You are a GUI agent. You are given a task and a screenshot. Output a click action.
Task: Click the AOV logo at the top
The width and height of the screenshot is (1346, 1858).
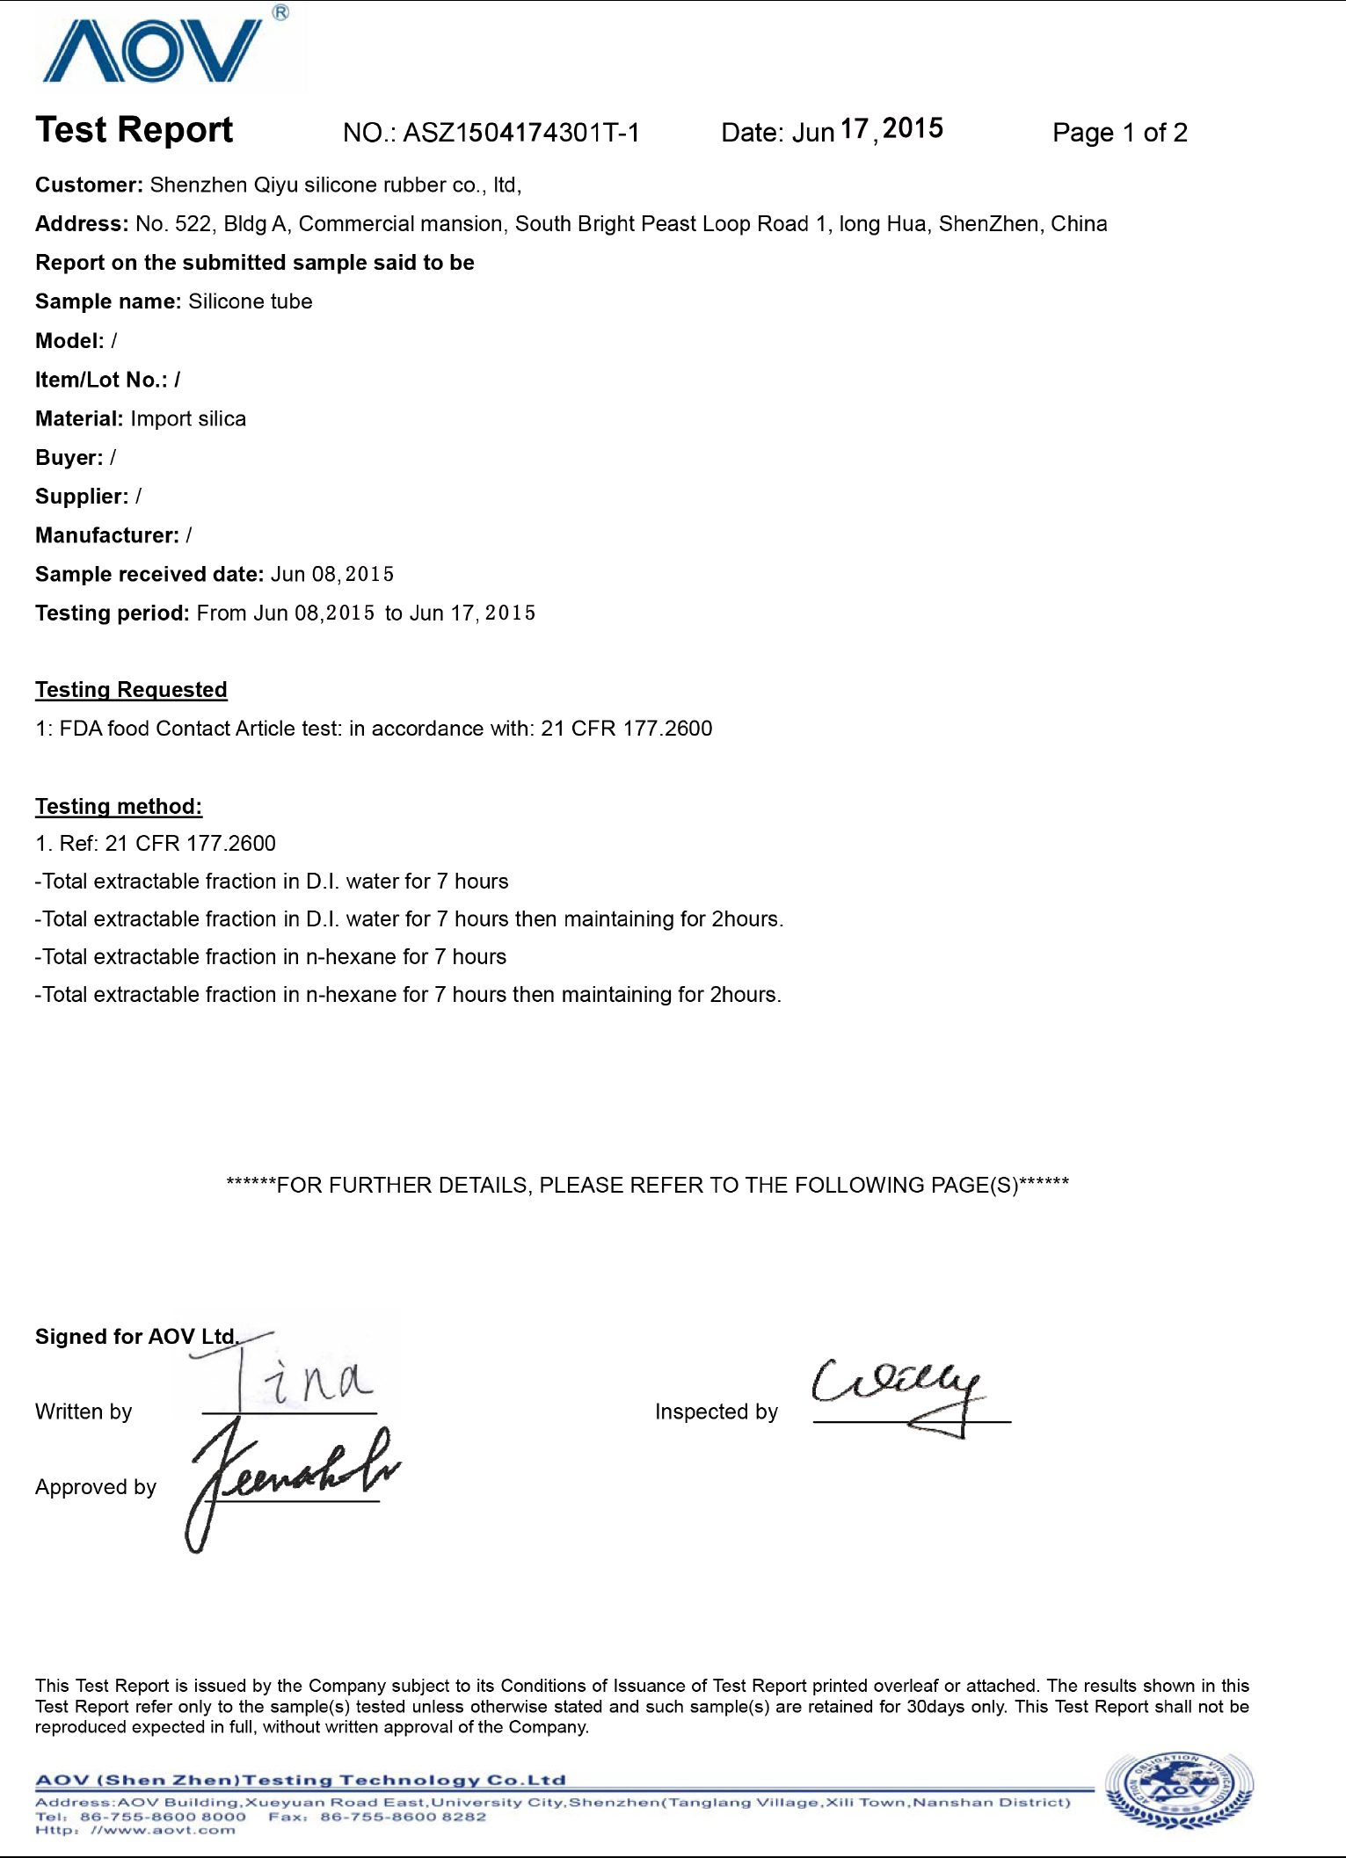[x=153, y=51]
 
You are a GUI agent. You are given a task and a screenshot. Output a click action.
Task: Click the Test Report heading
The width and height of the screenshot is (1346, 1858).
[x=134, y=130]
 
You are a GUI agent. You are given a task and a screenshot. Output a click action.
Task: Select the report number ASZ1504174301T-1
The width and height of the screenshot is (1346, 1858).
[x=520, y=133]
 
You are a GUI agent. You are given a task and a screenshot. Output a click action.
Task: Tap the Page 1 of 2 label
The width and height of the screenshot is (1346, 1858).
[x=1119, y=133]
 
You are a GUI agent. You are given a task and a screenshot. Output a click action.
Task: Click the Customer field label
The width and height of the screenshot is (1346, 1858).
[x=88, y=185]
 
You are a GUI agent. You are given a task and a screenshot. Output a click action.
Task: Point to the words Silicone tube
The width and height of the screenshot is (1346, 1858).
[x=251, y=301]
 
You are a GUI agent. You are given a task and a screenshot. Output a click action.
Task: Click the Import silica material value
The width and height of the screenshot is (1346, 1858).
[x=188, y=419]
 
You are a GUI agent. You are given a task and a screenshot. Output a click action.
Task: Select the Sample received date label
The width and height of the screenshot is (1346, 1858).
[x=149, y=575]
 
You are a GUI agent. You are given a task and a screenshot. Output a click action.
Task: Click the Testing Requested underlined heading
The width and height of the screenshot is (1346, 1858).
[x=131, y=690]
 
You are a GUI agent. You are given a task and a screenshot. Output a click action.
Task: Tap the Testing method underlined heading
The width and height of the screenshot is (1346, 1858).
[x=119, y=807]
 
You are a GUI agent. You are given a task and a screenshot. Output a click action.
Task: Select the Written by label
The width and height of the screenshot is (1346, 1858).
[x=84, y=1412]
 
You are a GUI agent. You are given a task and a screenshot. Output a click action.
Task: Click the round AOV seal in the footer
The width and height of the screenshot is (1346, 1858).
[x=1178, y=1789]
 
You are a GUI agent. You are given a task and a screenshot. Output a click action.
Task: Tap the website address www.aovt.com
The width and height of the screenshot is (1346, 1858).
[x=163, y=1830]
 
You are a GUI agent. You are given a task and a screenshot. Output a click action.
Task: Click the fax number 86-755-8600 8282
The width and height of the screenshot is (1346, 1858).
[x=403, y=1816]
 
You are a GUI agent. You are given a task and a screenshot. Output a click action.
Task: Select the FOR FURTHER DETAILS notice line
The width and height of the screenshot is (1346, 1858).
[x=647, y=1186]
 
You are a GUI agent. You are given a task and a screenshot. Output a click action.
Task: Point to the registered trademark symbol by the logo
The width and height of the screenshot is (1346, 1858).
[x=280, y=12]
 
